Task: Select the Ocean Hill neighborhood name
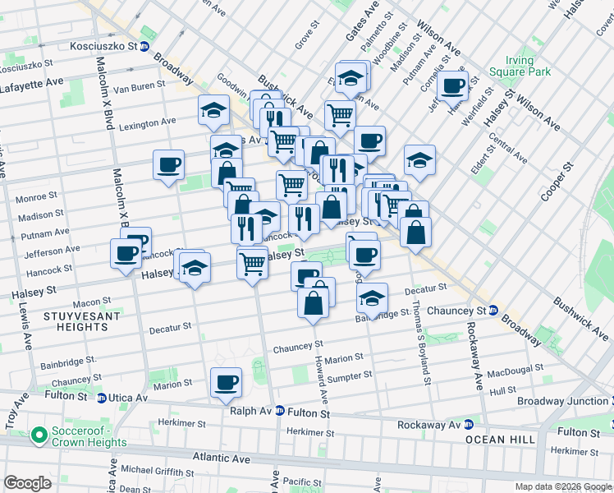501,440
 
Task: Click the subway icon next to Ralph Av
279,411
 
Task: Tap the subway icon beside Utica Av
101,398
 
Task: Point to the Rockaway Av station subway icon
469,425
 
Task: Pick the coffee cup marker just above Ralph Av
226,382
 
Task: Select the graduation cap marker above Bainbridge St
372,298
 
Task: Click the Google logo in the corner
27,483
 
